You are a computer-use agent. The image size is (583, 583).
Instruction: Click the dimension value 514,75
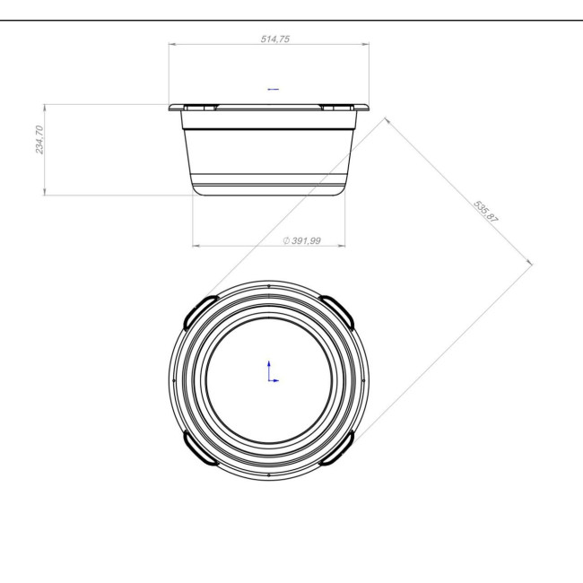point(274,39)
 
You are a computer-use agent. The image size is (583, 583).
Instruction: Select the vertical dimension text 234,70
point(39,139)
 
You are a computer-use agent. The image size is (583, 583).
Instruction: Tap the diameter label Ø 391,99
point(301,241)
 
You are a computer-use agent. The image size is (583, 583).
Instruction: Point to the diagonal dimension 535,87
point(485,212)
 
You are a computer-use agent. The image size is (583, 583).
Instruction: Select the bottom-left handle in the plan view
point(198,449)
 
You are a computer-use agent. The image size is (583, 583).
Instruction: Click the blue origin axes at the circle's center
point(273,372)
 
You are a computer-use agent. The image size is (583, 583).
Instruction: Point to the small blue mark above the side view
point(274,89)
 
